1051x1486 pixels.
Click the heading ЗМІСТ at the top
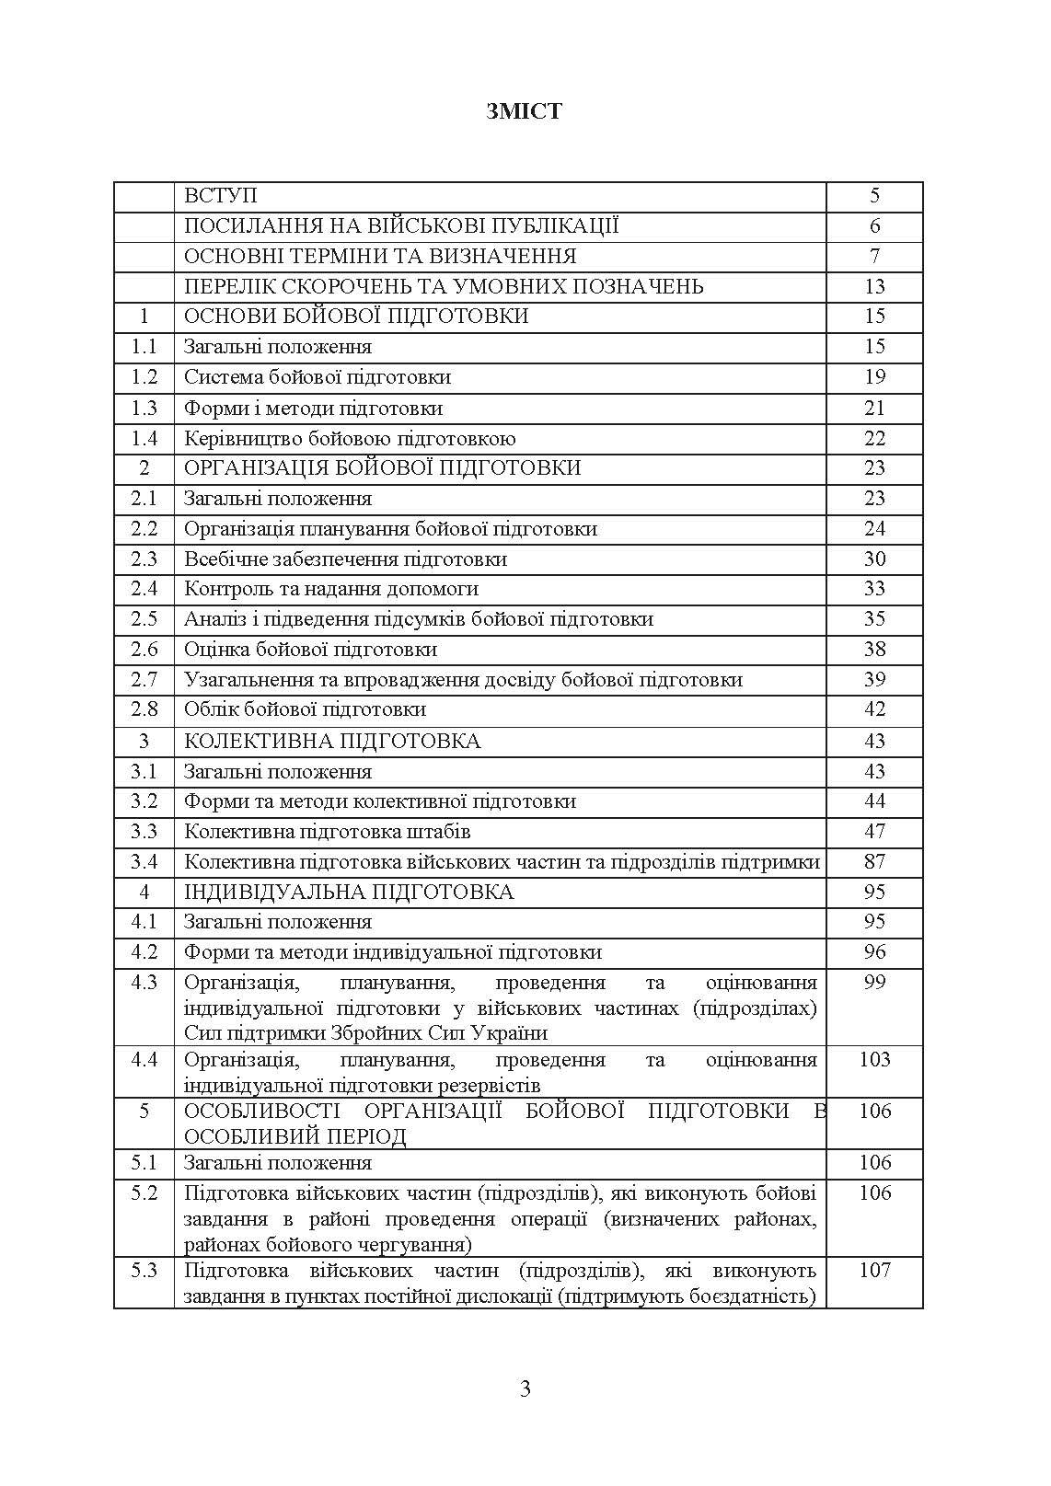[525, 111]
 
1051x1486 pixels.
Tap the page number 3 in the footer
[525, 1388]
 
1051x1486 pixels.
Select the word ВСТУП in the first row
[221, 195]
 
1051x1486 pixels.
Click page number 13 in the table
[874, 286]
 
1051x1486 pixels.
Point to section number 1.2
[144, 377]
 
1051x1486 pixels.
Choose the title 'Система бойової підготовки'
[318, 377]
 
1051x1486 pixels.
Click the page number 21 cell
[874, 408]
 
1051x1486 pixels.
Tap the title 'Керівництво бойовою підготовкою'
[350, 438]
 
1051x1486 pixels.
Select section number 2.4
[144, 589]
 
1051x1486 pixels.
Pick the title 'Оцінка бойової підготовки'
[310, 650]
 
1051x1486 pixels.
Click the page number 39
[874, 680]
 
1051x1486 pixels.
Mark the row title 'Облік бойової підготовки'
[305, 709]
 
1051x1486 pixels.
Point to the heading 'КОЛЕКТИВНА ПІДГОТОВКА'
[332, 741]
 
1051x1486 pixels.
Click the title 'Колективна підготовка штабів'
[328, 832]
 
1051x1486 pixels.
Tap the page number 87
[874, 862]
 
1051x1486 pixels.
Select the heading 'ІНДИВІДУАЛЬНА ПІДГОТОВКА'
[349, 892]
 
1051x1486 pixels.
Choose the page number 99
[874, 983]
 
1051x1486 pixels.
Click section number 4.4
[144, 1060]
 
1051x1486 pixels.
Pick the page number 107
[874, 1271]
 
